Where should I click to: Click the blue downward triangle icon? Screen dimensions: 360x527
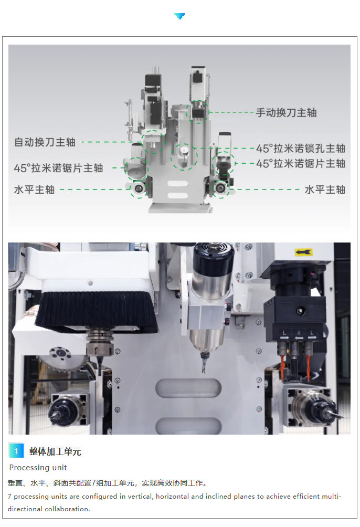click(179, 16)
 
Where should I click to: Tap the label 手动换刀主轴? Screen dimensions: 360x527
click(287, 113)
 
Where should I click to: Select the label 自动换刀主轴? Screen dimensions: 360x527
click(45, 142)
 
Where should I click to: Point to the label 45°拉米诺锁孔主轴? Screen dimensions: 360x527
click(301, 148)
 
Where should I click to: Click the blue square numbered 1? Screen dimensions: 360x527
click(16, 451)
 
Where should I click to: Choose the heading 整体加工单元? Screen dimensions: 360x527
click(55, 451)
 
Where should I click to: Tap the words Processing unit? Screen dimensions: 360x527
click(38, 468)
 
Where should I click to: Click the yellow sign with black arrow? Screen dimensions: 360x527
click(304, 252)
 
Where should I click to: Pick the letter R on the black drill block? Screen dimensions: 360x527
click(299, 333)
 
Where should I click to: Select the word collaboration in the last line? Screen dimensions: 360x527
click(67, 509)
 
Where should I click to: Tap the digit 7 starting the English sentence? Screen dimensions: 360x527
click(9, 497)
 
